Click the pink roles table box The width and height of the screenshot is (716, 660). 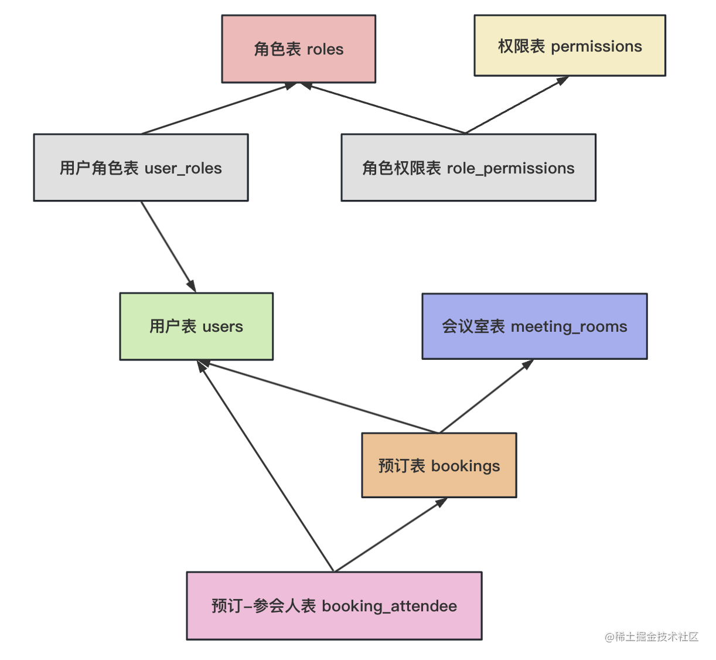click(x=298, y=49)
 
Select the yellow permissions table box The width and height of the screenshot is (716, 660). click(x=570, y=46)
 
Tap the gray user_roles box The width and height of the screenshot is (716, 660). click(x=141, y=168)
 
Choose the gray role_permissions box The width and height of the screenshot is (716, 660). click(x=468, y=168)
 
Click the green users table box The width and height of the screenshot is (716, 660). click(x=196, y=326)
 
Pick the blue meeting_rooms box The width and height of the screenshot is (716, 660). click(x=534, y=326)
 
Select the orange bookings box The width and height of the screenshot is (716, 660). click(x=439, y=465)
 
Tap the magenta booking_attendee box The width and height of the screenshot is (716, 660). click(x=334, y=605)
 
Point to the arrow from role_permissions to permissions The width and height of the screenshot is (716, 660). click(x=517, y=105)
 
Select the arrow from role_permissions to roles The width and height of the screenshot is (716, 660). click(x=383, y=108)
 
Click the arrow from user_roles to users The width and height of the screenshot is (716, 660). click(x=169, y=247)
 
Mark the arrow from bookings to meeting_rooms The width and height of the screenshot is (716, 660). click(x=486, y=396)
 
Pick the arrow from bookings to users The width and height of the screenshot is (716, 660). click(x=319, y=397)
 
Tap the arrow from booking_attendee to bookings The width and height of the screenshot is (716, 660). click(x=390, y=535)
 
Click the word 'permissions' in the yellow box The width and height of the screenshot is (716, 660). click(x=596, y=46)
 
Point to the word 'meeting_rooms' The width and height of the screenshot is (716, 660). click(x=568, y=326)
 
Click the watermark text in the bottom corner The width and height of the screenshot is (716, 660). click(x=652, y=637)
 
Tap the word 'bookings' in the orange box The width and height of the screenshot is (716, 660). click(x=465, y=466)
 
